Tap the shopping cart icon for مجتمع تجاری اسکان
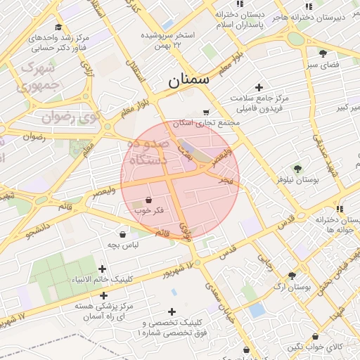pos(205,112)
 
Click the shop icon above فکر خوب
pos(148,200)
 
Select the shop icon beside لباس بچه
pos(123,234)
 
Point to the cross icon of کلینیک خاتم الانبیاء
pos(103,269)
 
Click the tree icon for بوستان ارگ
pos(292,276)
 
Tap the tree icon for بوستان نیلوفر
pos(298,169)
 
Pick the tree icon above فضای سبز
pos(323,53)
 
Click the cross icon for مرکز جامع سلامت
pos(259,88)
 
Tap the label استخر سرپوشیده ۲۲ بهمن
pos(167,39)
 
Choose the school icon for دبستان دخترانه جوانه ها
pos(340,209)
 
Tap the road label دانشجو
pos(39,229)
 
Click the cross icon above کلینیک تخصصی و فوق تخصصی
pos(172,311)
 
